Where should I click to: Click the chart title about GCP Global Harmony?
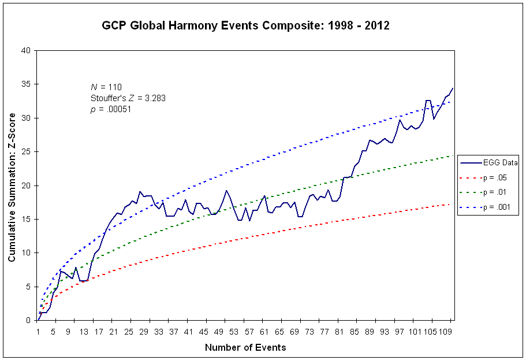[x=245, y=26]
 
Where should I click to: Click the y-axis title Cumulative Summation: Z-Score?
[x=12, y=185]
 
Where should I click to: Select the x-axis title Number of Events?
[x=245, y=347]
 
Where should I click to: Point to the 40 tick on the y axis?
[x=27, y=50]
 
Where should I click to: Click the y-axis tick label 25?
[x=27, y=151]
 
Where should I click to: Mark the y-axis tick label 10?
[x=27, y=253]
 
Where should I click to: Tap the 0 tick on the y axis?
[x=28, y=320]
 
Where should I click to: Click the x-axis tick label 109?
[x=445, y=331]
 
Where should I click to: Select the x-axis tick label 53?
[x=234, y=331]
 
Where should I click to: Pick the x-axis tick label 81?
[x=339, y=331]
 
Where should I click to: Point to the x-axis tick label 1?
[x=38, y=331]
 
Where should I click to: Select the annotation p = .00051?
[x=111, y=109]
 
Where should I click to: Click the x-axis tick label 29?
[x=144, y=331]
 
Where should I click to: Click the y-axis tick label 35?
[x=27, y=84]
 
